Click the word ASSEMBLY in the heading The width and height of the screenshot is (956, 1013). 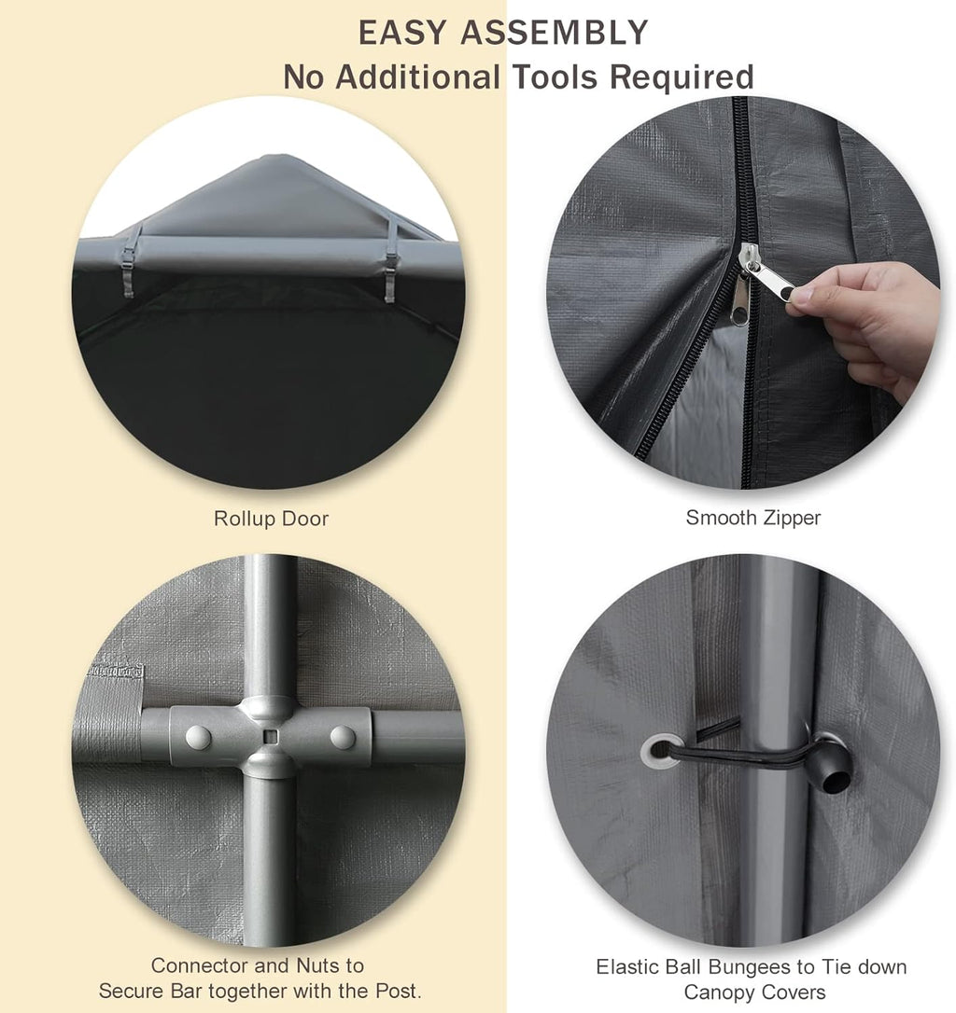554,33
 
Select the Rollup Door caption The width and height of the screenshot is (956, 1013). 271,519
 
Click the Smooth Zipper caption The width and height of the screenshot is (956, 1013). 752,518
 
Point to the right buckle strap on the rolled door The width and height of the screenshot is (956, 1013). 390,258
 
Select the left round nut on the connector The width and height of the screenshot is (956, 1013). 198,737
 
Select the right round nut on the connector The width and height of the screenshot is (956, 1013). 343,737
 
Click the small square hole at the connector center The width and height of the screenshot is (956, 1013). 271,737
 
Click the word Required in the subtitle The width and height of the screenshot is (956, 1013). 682,77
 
